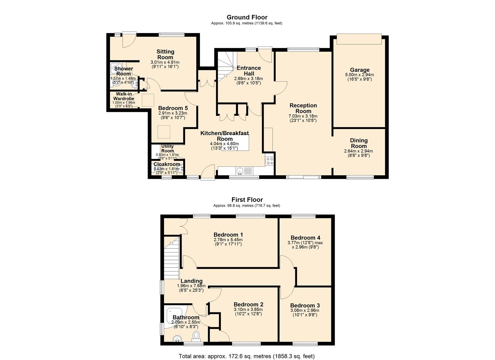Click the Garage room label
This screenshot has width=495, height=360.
[x=359, y=70]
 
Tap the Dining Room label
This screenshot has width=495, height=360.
[x=359, y=143]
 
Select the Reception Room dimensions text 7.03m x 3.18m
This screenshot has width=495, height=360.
[x=303, y=116]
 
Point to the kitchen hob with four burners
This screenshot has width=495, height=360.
[x=269, y=161]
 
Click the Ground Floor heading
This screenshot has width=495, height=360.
[x=247, y=17]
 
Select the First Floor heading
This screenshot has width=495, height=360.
[x=247, y=200]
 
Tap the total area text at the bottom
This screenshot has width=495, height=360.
[x=247, y=356]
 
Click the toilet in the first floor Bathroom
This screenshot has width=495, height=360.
[x=196, y=335]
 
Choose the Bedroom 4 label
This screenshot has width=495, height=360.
[x=305, y=238]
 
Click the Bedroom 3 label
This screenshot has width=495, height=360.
[x=305, y=306]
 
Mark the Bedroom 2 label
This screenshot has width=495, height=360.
[x=248, y=304]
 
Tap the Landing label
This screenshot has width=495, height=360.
[x=191, y=281]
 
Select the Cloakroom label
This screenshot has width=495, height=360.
[x=167, y=164]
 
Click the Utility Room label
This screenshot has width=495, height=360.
[x=167, y=148]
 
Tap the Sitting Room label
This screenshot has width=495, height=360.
[x=165, y=54]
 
